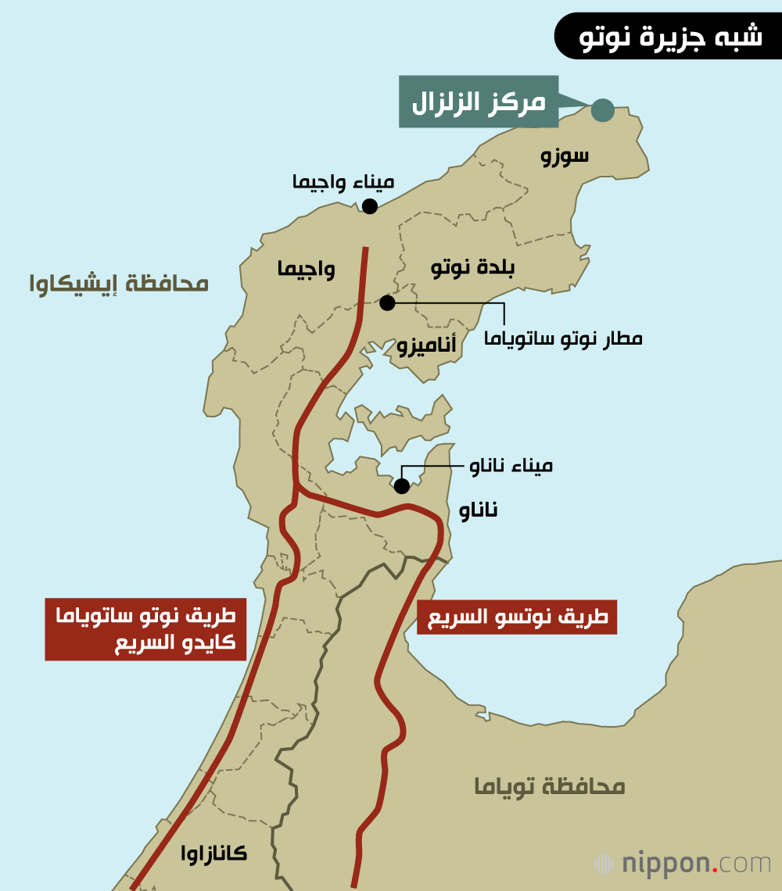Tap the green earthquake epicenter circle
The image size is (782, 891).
(602, 110)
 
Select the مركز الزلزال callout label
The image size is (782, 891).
(479, 102)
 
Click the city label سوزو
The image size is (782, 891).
(565, 156)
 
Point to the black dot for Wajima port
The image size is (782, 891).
(370, 206)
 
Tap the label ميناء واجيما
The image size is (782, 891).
(343, 182)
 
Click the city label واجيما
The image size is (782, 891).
(306, 270)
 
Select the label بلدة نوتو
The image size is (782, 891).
(473, 268)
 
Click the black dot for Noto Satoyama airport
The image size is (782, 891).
(387, 302)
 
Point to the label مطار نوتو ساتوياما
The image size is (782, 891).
(563, 338)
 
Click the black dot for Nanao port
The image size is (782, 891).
(402, 486)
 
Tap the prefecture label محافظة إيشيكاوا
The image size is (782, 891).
(119, 283)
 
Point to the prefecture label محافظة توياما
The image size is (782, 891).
(550, 786)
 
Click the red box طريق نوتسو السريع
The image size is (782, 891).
(517, 617)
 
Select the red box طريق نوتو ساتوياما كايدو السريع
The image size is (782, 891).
(145, 629)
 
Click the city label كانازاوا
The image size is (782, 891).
(213, 853)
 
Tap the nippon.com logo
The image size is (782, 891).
(682, 864)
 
